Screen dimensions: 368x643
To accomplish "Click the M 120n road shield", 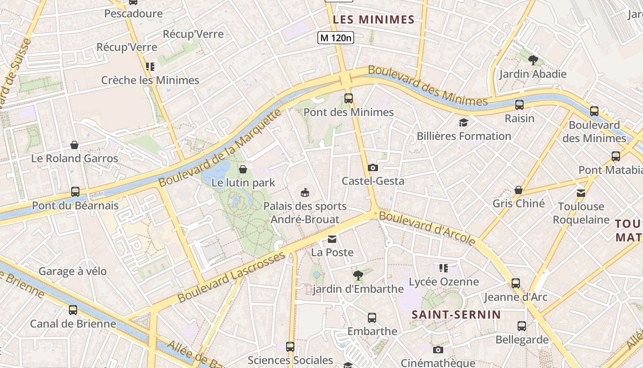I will tap(336, 38).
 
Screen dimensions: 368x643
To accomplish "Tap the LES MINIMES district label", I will tap(373, 19).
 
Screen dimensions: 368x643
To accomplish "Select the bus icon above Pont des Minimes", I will tap(349, 98).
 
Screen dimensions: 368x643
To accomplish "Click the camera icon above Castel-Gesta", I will tap(373, 167).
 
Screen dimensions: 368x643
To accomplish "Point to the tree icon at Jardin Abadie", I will tap(533, 60).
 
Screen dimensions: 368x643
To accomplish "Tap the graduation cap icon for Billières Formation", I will tap(463, 122).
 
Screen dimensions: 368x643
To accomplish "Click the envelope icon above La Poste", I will tap(332, 239).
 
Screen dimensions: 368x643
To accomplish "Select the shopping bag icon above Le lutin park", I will tap(243, 169).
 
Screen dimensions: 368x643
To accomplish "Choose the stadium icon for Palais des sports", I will tap(305, 192).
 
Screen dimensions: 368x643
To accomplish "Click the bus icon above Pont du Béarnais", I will tap(75, 192).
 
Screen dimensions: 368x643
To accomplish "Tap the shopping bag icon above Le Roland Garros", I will tap(74, 145).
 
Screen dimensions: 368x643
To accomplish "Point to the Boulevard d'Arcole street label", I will tap(427, 228).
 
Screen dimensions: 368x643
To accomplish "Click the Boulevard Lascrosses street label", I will tap(231, 277).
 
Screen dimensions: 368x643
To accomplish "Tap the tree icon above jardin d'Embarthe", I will tap(358, 275).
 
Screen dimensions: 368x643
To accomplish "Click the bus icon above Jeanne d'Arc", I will tap(516, 283).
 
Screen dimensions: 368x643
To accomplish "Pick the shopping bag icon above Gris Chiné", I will tap(519, 190).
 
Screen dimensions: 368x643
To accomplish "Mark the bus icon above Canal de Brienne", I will tap(73, 310).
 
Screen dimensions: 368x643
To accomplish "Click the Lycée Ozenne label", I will tap(444, 282).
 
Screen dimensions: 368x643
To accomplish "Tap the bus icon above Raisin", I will tap(519, 105).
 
